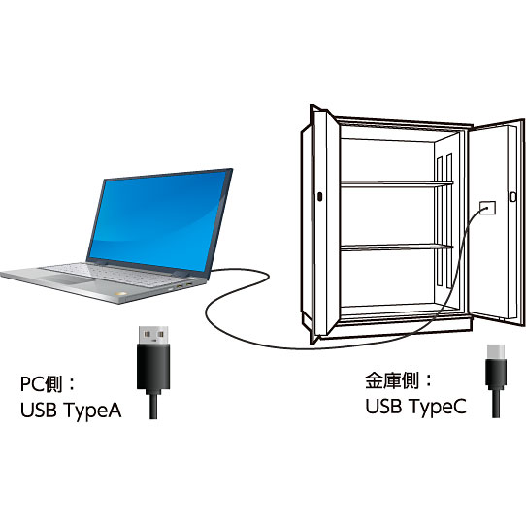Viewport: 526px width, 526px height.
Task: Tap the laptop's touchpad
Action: click(68, 279)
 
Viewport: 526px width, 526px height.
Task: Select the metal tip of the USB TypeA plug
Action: click(153, 335)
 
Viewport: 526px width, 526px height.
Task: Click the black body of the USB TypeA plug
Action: click(153, 369)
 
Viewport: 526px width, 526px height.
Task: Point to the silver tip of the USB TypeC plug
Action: click(496, 351)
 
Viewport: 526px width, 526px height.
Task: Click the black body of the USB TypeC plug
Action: click(496, 374)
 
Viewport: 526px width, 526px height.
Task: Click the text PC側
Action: click(42, 384)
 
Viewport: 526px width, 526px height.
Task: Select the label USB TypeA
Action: click(71, 411)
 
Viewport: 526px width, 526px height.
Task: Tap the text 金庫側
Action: click(392, 380)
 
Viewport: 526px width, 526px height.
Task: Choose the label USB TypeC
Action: click(415, 407)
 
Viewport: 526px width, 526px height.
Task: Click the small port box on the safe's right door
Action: click(487, 208)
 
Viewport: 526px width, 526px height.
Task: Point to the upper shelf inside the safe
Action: click(397, 183)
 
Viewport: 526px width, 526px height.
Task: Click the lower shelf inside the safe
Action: click(397, 247)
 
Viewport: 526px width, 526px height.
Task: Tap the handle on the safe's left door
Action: click(319, 197)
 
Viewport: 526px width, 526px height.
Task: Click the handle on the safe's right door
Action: click(512, 197)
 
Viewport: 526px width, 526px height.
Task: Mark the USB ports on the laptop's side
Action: click(183, 285)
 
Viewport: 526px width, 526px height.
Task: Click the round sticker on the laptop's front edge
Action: click(120, 294)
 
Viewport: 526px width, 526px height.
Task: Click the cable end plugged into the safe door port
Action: click(484, 209)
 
